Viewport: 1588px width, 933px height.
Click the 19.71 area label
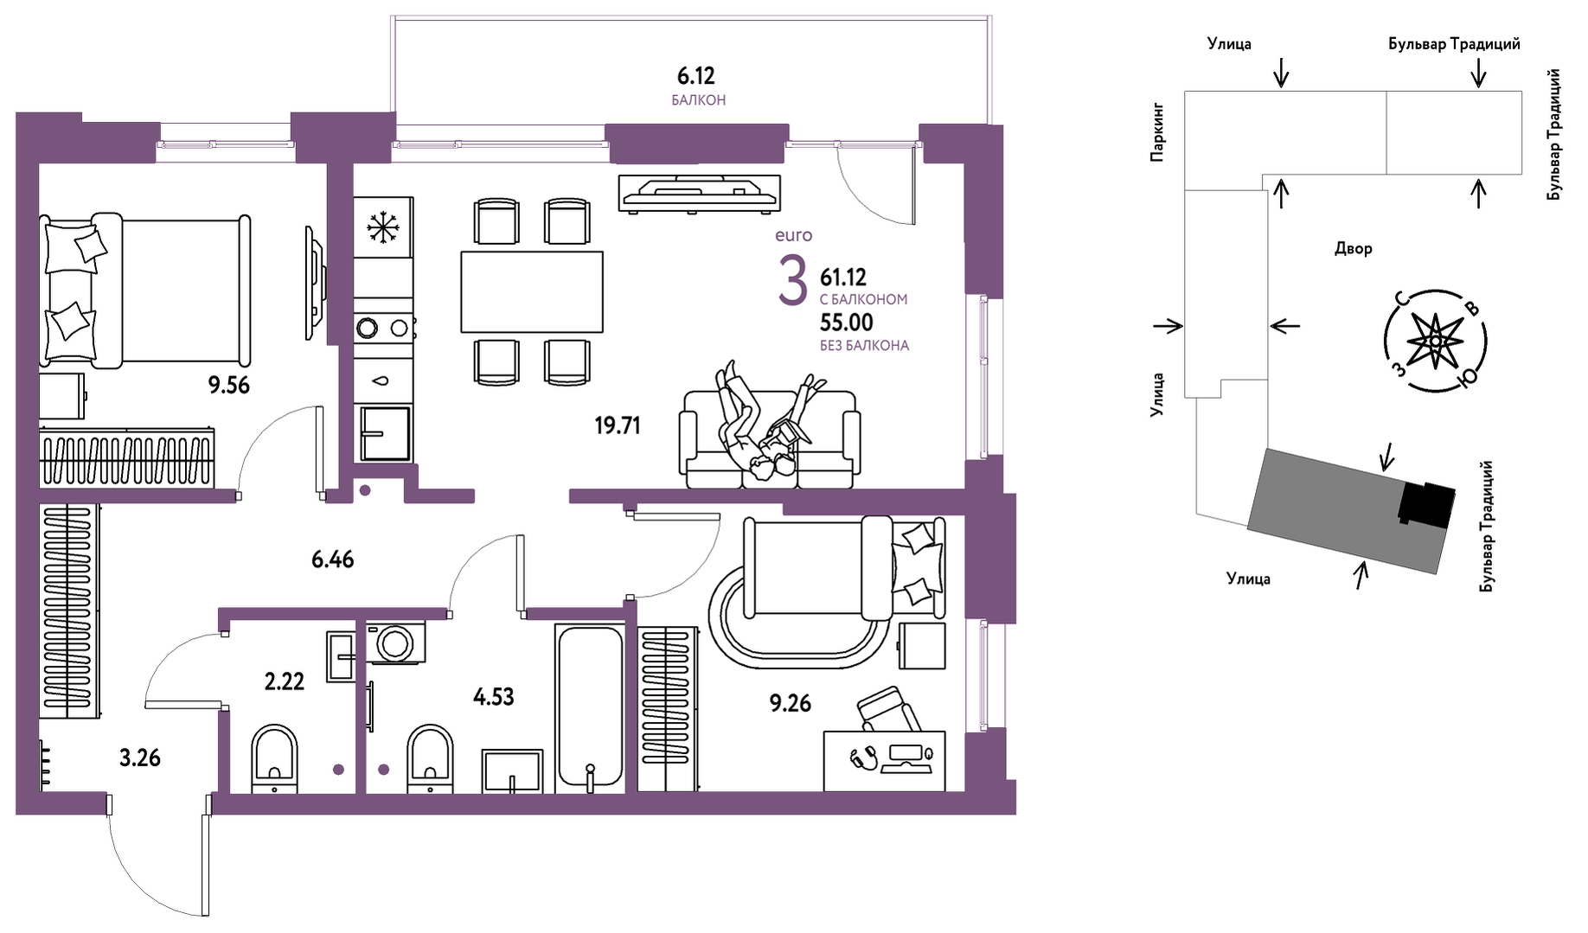click(x=618, y=425)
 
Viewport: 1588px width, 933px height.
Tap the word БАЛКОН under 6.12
click(x=698, y=100)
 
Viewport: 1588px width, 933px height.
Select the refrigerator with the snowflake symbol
click(x=382, y=227)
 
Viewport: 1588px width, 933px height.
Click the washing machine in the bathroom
click(x=395, y=642)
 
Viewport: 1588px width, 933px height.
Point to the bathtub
click(x=590, y=707)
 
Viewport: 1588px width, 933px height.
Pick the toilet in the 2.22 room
click(x=274, y=757)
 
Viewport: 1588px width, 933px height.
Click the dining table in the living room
click(x=531, y=291)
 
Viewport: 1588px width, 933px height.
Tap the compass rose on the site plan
click(x=1435, y=342)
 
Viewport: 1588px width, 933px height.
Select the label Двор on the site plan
click(x=1353, y=249)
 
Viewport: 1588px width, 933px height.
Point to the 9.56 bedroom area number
click(x=228, y=386)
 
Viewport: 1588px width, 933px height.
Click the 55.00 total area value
click(x=847, y=323)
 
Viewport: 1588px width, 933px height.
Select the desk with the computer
click(x=884, y=761)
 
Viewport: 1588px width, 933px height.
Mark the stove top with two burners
click(x=383, y=328)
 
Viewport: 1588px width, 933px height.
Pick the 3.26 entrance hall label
click(x=140, y=758)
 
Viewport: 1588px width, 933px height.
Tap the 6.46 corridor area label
click(x=333, y=559)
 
